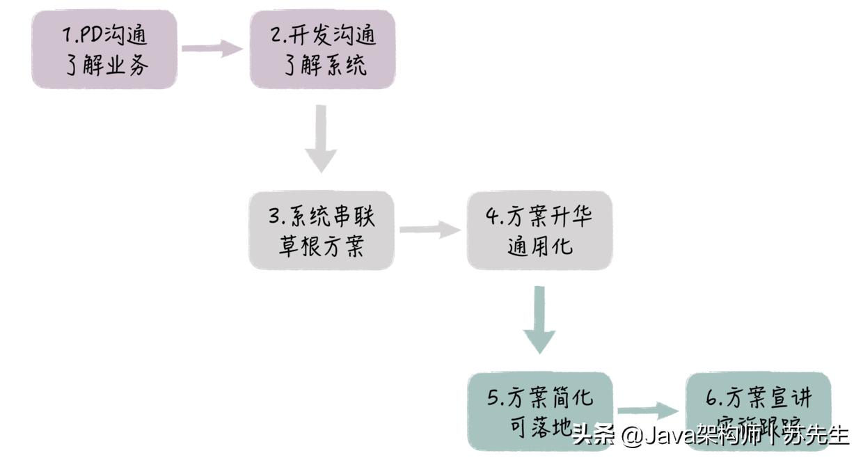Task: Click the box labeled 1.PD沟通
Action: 104,49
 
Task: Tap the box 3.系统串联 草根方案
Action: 322,230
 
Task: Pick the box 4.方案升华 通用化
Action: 539,230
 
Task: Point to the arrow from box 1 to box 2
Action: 212,49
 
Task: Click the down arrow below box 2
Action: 321,139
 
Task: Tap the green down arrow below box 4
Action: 539,320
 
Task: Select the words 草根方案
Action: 322,247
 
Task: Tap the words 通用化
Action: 540,246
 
